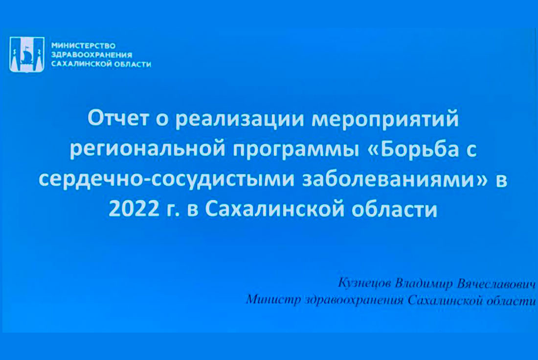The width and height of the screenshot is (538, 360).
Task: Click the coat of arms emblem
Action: (27, 54)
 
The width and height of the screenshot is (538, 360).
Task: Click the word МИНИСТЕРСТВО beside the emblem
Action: (83, 45)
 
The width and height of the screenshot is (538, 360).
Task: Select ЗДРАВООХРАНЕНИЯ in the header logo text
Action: (91, 55)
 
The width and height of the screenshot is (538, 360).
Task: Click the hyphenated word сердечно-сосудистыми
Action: (166, 180)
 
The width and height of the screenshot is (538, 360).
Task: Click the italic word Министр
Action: (273, 300)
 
